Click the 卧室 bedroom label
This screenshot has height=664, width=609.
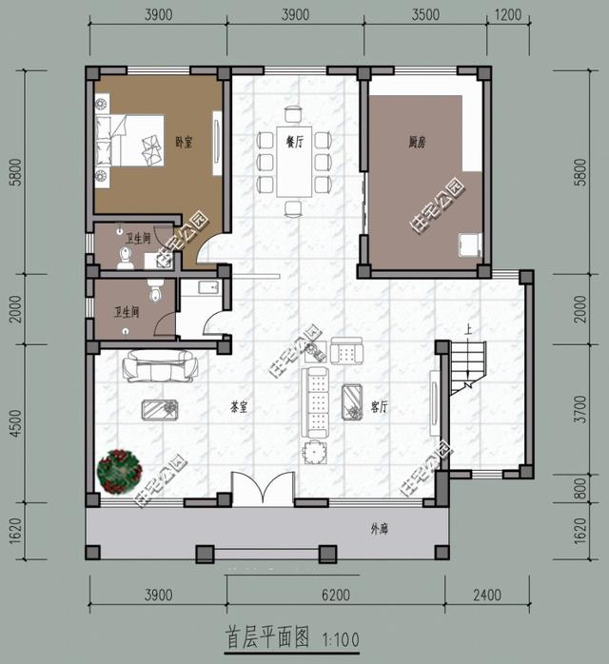click(184, 143)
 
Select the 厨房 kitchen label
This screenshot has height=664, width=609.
click(417, 143)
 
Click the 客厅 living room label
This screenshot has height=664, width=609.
click(380, 406)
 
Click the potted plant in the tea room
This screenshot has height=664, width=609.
click(118, 471)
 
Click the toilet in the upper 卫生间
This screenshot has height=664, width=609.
click(124, 255)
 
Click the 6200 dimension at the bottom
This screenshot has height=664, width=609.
click(336, 596)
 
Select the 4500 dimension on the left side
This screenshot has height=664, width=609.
click(15, 419)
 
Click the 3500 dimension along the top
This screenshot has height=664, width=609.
click(427, 15)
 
